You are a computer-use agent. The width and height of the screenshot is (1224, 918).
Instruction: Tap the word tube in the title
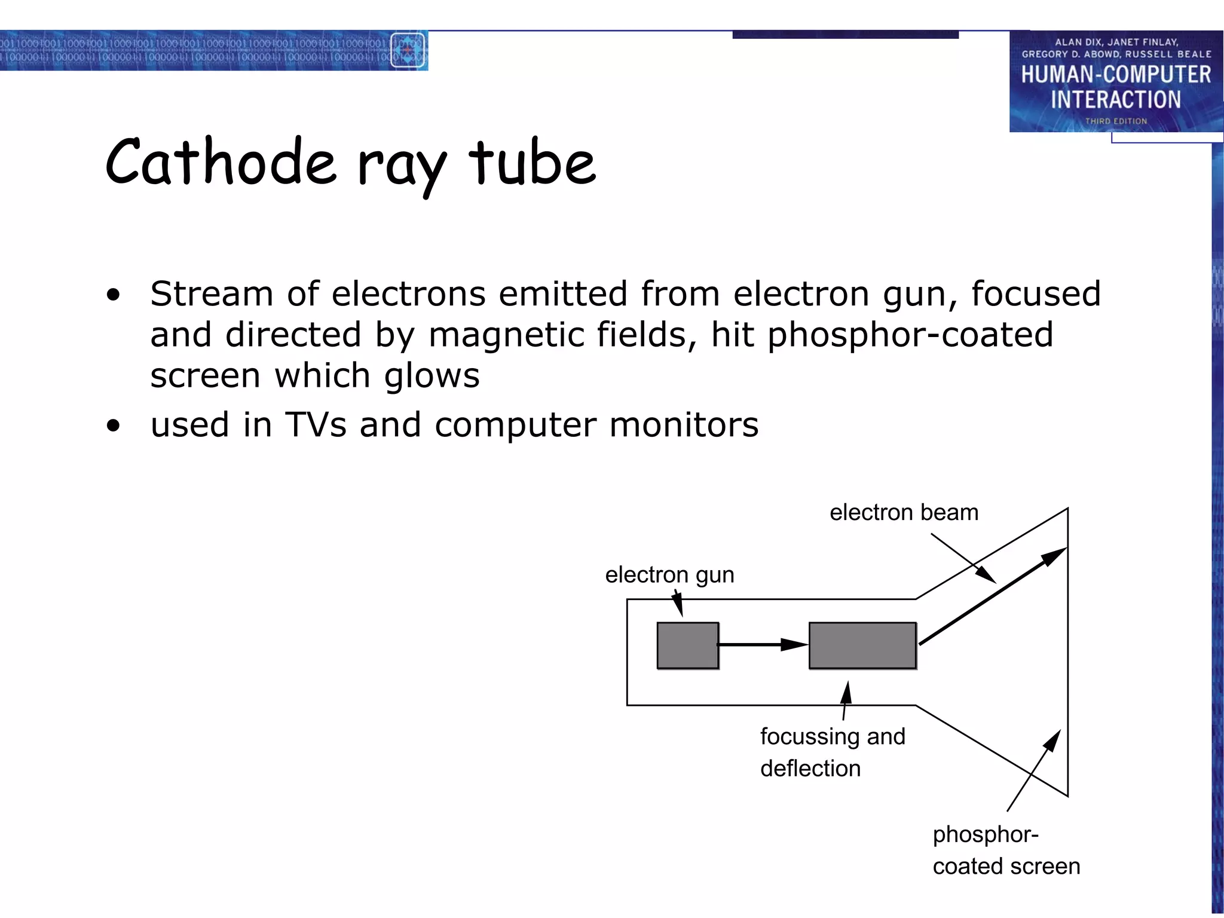tap(532, 163)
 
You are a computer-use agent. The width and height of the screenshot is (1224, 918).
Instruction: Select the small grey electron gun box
tap(687, 645)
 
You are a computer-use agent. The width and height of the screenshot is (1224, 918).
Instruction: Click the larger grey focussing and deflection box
tap(862, 645)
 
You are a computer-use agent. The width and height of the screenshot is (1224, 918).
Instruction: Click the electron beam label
tap(904, 513)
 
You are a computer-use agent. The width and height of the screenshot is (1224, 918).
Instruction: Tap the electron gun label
tap(669, 575)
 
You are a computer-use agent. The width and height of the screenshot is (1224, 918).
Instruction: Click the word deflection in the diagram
tap(810, 769)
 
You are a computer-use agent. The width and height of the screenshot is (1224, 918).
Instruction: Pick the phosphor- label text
tap(986, 834)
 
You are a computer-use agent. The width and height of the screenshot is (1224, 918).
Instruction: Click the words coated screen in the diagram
tap(1006, 866)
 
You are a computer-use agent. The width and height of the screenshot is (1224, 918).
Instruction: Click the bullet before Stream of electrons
tap(113, 295)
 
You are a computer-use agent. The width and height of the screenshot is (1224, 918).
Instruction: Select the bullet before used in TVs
tap(113, 426)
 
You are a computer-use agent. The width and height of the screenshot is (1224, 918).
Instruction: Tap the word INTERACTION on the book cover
tap(1116, 99)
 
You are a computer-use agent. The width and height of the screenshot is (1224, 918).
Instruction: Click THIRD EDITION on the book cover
tap(1116, 121)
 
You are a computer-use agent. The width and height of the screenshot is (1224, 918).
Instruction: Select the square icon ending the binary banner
tap(408, 50)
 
